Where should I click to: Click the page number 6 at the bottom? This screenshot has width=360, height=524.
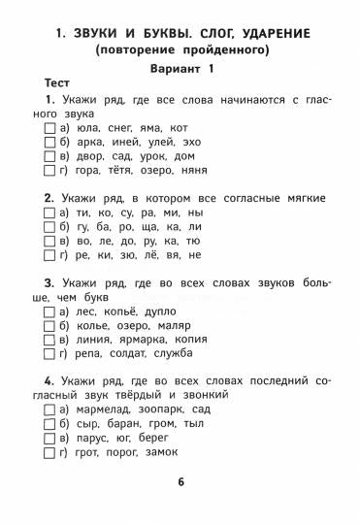[x=180, y=481]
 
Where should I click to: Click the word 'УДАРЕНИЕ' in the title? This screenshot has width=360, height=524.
[x=263, y=32]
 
